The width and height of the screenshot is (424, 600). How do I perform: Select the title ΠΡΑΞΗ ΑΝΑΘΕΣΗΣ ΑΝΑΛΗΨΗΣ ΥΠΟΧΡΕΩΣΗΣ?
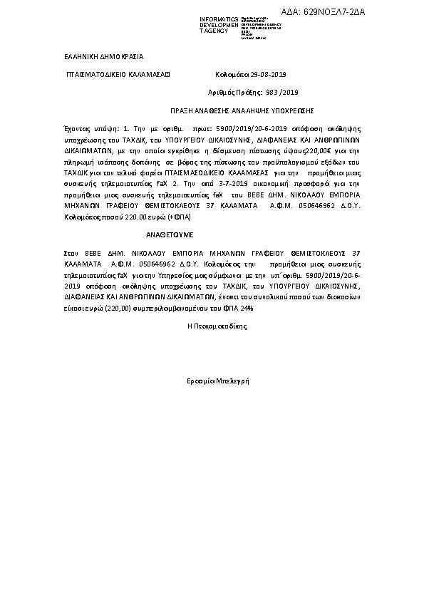pos(242,112)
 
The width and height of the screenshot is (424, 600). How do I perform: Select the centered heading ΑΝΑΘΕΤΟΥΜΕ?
pos(170,234)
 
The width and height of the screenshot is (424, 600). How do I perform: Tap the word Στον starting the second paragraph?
pos(71,253)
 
